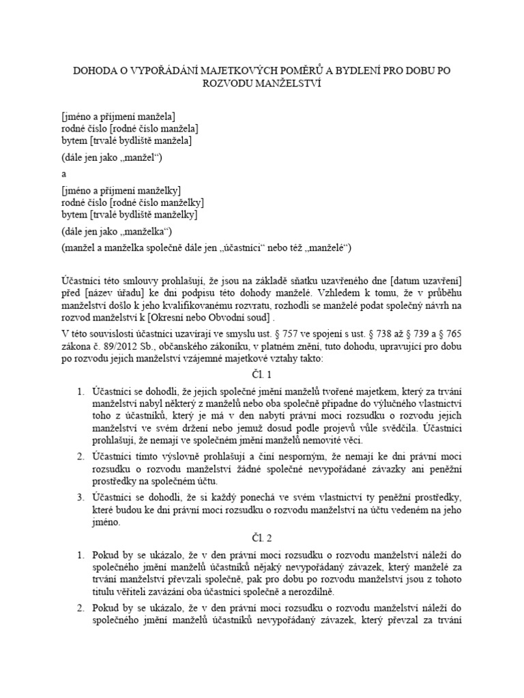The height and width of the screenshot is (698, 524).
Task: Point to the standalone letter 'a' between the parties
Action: [63, 174]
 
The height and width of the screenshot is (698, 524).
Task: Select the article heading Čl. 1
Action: [262, 374]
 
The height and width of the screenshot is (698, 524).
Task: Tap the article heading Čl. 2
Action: [262, 538]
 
